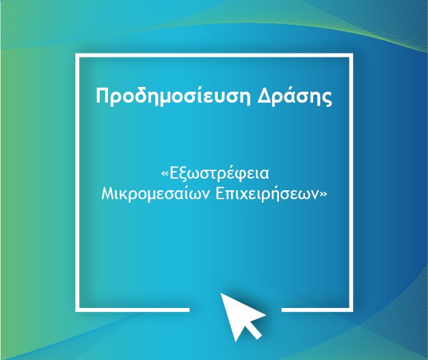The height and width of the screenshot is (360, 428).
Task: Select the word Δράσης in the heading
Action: pyautogui.click(x=295, y=96)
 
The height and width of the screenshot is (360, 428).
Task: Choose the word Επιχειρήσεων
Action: pyautogui.click(x=267, y=194)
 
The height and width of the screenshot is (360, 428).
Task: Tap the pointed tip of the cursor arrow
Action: pyautogui.click(x=221, y=294)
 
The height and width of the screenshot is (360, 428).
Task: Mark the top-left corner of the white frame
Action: pyautogui.click(x=77, y=55)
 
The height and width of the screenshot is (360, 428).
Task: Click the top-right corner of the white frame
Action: pyautogui.click(x=351, y=55)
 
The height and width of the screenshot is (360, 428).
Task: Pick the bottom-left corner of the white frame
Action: pyautogui.click(x=77, y=310)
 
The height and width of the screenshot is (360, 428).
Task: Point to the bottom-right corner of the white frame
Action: pyautogui.click(x=351, y=310)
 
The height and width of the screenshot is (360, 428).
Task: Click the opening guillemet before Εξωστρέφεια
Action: pyautogui.click(x=165, y=174)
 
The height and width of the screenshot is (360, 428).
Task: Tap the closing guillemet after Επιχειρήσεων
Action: pyautogui.click(x=323, y=194)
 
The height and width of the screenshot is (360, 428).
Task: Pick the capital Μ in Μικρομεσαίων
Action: pyautogui.click(x=108, y=194)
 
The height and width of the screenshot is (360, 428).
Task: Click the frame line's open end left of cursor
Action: pyautogui.click(x=189, y=310)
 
